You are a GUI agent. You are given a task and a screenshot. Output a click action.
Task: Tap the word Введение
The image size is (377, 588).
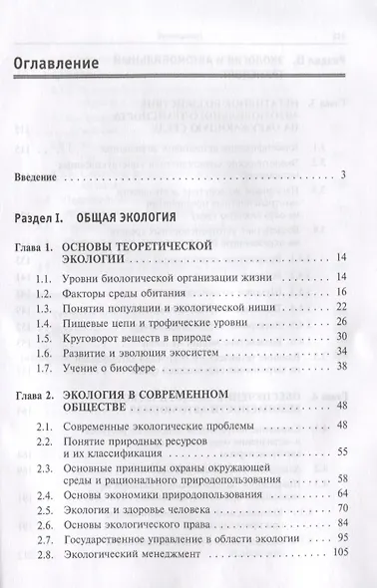point(42,176)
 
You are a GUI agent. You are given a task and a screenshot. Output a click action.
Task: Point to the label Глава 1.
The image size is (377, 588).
point(42,244)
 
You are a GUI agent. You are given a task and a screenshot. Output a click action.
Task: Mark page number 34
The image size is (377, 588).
point(340,352)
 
